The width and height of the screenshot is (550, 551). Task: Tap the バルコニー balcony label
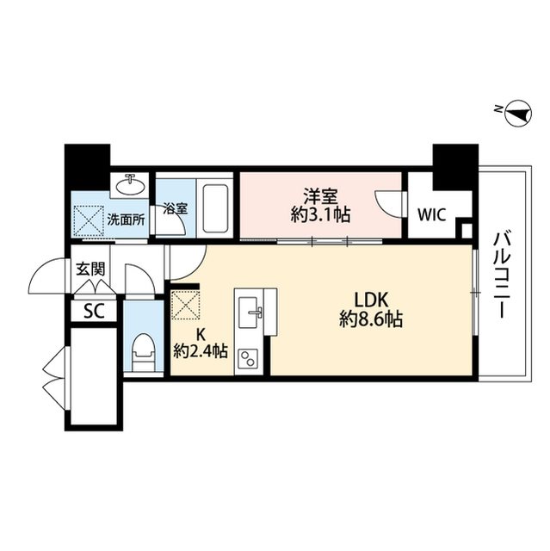502,274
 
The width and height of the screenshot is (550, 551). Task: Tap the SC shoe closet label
93,311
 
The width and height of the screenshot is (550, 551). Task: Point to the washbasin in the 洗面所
134,185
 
